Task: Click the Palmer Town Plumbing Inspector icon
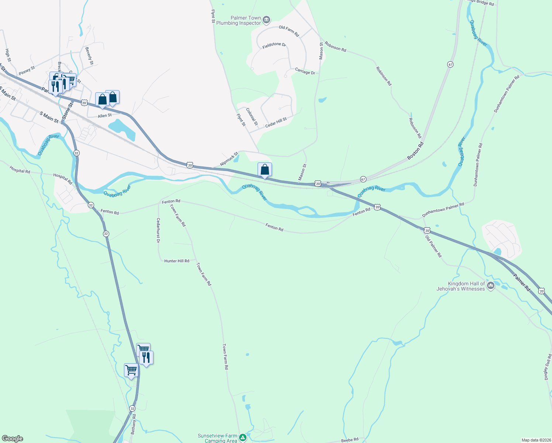coord(266,20)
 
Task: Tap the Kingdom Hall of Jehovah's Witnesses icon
coord(491,286)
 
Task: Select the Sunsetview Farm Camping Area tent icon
coord(242,438)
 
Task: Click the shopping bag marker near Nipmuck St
coord(265,170)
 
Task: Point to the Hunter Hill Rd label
coord(177,261)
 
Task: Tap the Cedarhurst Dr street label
coord(158,230)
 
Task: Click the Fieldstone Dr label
coord(274,45)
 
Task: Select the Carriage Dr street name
coord(305,72)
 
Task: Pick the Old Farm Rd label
coord(289,31)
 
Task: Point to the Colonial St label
coord(252,117)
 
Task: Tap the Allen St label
coord(104,116)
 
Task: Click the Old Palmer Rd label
coord(434,247)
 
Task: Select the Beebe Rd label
coord(349,440)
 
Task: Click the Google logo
coord(13,439)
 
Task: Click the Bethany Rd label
coord(134,426)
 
